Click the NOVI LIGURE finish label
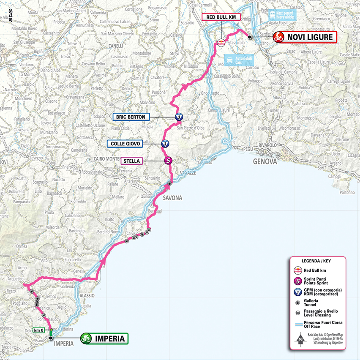[311, 37]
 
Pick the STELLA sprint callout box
[132, 161]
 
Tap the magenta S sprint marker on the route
[168, 161]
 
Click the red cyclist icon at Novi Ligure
[278, 37]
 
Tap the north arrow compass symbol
[300, 338]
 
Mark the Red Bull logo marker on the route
[221, 42]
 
